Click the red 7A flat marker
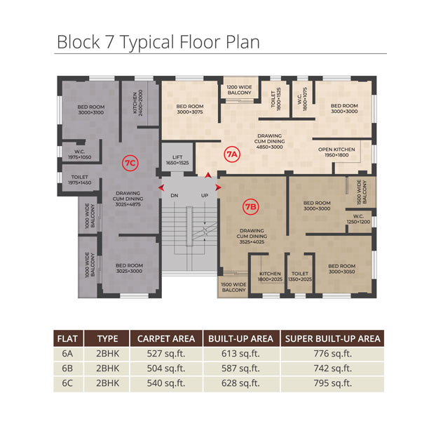[x=232, y=154]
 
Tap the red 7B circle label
[x=251, y=206]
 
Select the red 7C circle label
[x=130, y=163]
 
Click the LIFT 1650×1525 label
[x=177, y=160]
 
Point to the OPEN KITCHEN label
[x=336, y=150]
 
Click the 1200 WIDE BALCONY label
[x=240, y=90]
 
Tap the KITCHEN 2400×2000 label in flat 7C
[x=138, y=102]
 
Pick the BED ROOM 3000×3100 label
[x=91, y=109]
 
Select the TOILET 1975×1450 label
[x=80, y=180]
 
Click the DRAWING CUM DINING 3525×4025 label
[x=252, y=236]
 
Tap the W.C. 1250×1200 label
[x=358, y=219]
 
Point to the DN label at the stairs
[x=175, y=196]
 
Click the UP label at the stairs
[x=205, y=196]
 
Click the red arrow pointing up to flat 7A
[x=208, y=175]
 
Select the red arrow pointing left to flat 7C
[x=161, y=187]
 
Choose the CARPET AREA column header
[x=166, y=338]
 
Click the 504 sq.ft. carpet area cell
[x=166, y=368]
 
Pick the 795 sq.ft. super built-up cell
[x=332, y=383]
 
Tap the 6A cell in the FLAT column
[x=67, y=354]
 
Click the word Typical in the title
[x=147, y=43]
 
